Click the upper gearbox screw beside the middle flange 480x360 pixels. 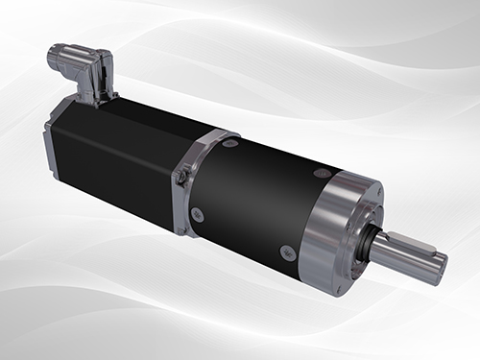click(232, 143)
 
